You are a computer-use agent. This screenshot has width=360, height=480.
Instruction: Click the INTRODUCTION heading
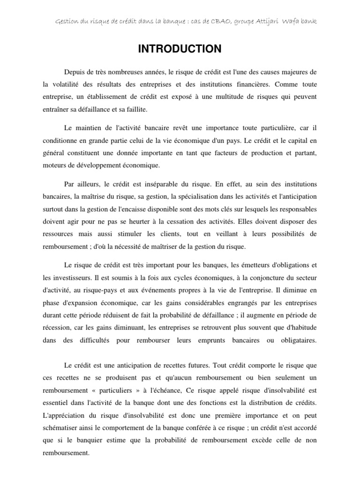[180, 49]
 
